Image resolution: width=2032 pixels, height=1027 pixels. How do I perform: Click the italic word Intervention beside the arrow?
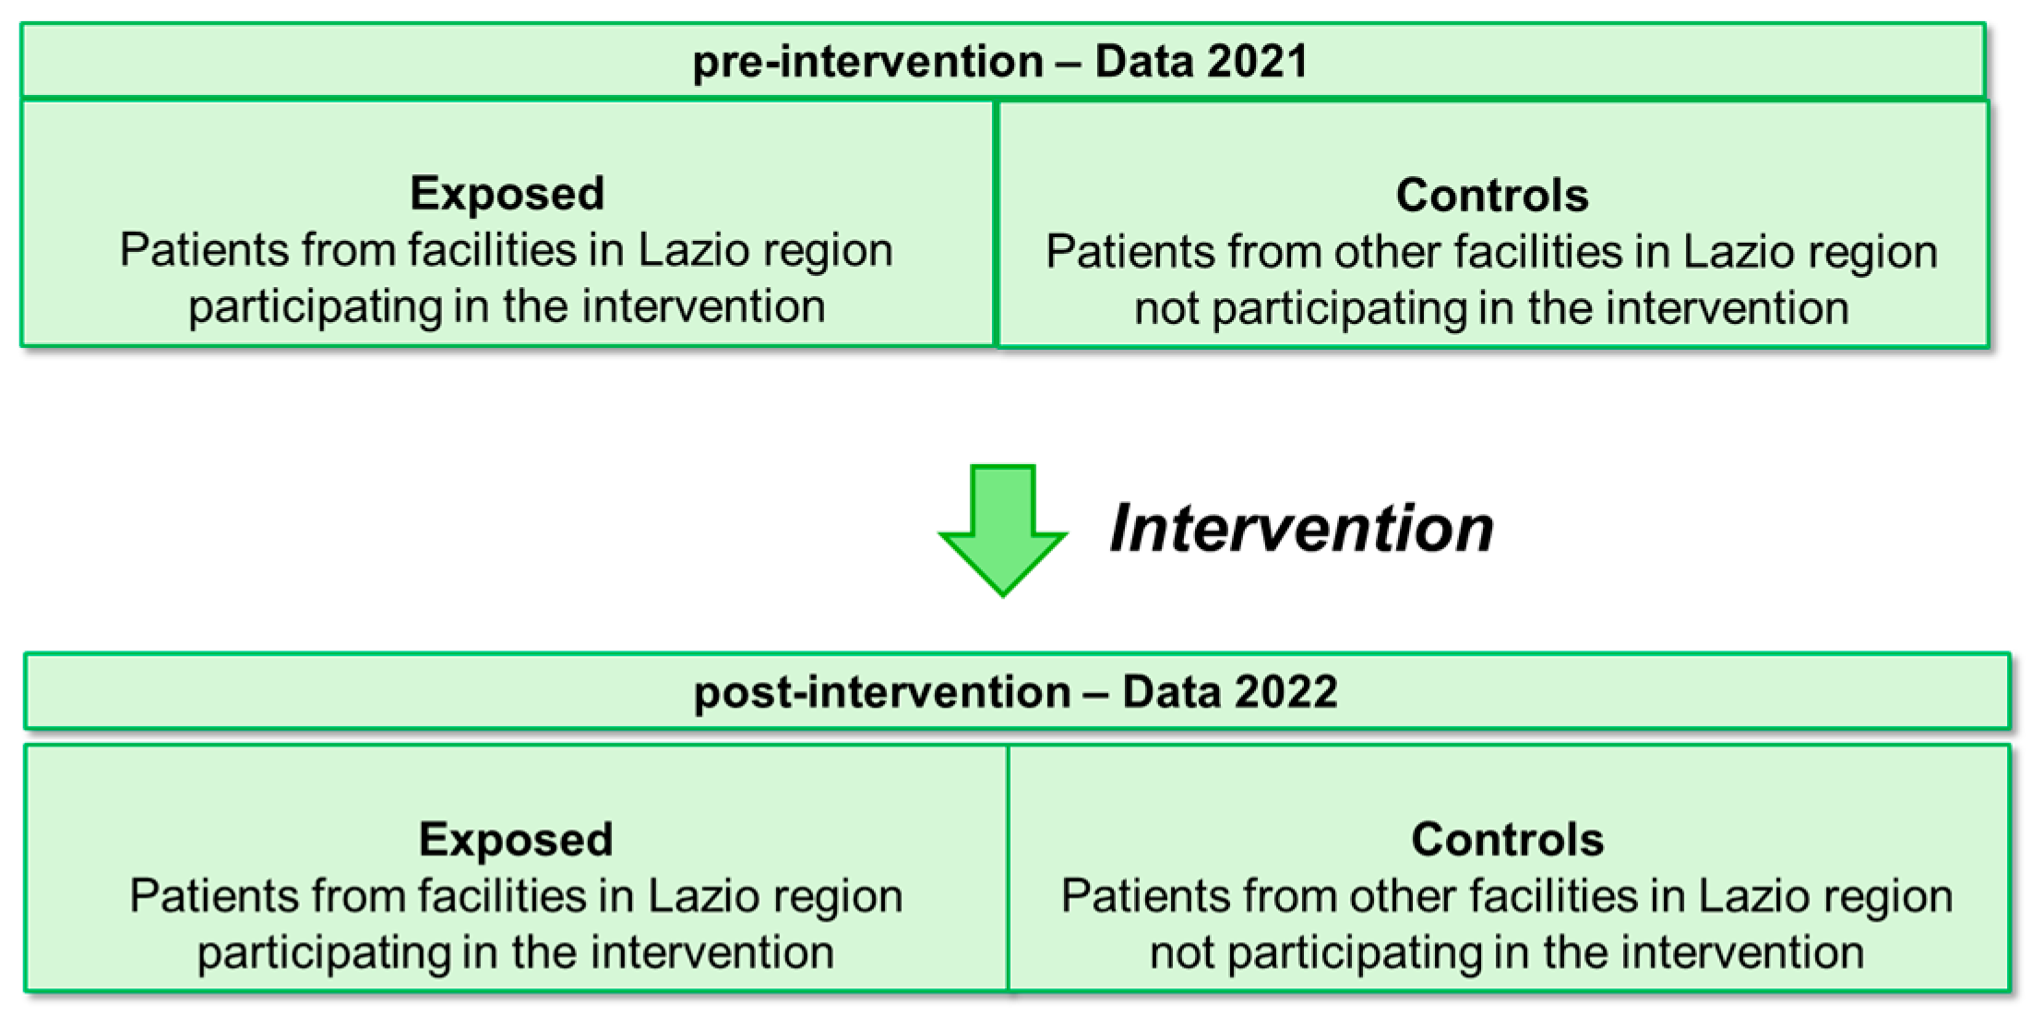click(x=1301, y=529)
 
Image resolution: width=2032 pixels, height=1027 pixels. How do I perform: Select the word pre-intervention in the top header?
click(x=867, y=62)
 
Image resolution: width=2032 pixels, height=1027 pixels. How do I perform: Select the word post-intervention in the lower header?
click(x=882, y=692)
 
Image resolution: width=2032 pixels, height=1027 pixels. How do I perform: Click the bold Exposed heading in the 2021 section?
click(x=508, y=194)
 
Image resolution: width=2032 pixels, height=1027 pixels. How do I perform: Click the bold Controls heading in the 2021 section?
click(x=1492, y=196)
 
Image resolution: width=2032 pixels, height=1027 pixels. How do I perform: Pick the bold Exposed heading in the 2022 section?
click(x=516, y=840)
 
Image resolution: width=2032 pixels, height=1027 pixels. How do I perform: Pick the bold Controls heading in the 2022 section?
click(x=1508, y=840)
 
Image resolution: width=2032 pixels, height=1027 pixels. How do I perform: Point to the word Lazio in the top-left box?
click(x=685, y=250)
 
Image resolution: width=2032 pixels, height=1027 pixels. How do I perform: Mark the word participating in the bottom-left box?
click(x=324, y=953)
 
